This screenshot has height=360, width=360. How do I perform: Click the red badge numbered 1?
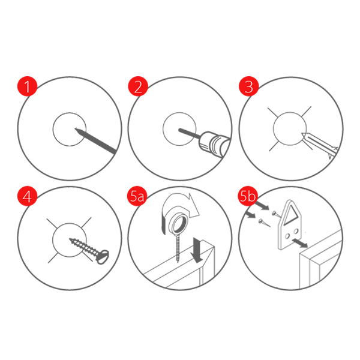tap(28, 86)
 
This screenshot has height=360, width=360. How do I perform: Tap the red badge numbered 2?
tap(138, 86)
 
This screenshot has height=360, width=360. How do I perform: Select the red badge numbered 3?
tap(249, 86)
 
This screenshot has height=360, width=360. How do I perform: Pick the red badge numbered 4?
tap(28, 196)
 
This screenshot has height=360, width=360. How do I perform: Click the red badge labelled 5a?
tap(137, 196)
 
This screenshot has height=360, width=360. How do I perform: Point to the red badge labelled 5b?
tap(247, 196)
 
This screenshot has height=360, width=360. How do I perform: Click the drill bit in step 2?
tap(190, 134)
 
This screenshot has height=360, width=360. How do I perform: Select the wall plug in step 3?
tap(320, 145)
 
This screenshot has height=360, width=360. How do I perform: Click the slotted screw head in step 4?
tap(103, 256)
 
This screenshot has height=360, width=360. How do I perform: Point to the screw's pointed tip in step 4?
tap(70, 239)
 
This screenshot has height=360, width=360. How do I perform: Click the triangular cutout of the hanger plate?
tap(292, 214)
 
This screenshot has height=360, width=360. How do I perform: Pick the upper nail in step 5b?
tap(276, 214)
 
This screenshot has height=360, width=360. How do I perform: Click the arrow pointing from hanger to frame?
tap(300, 243)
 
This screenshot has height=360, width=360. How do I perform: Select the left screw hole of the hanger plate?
tap(287, 236)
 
